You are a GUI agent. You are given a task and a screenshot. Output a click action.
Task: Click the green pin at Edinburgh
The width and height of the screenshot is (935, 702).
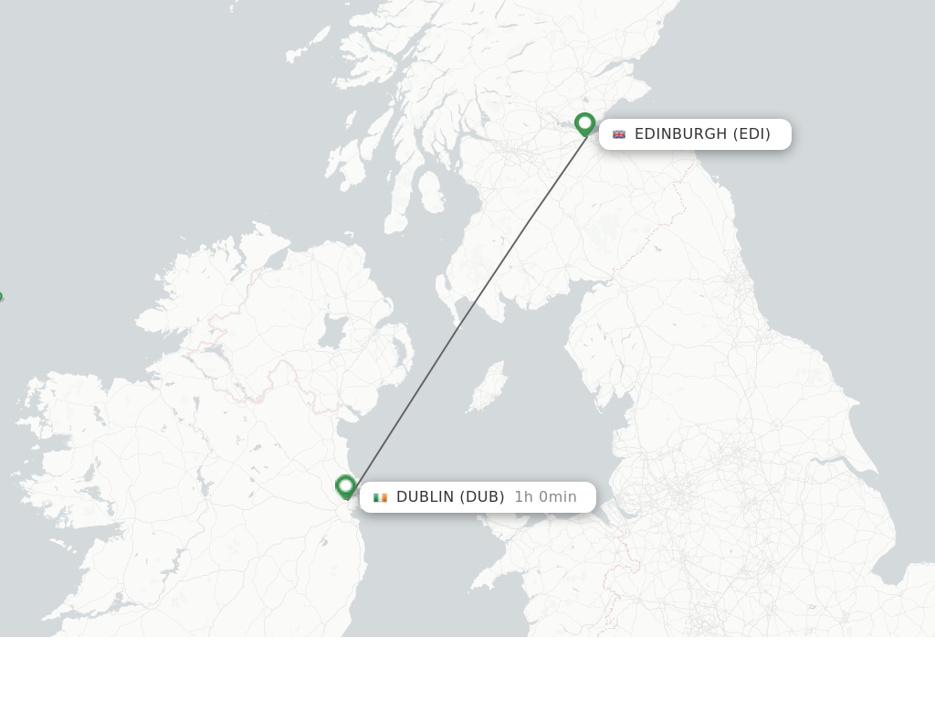[585, 122]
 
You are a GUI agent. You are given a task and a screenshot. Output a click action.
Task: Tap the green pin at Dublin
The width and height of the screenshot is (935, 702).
[345, 485]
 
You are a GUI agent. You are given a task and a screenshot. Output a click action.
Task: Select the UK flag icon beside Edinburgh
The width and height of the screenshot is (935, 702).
[619, 134]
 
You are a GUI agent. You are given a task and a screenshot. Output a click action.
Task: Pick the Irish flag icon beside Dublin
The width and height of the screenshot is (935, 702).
[380, 497]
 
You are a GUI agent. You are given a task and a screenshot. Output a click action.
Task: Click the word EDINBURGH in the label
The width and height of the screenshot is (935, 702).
[680, 134]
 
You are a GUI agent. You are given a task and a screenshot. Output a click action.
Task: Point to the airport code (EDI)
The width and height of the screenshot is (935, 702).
[751, 134]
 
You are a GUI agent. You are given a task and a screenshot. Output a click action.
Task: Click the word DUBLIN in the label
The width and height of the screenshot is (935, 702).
[425, 497]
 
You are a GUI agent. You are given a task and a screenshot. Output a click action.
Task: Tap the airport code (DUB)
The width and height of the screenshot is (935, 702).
[482, 497]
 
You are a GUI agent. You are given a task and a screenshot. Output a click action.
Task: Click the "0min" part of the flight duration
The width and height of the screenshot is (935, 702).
[558, 497]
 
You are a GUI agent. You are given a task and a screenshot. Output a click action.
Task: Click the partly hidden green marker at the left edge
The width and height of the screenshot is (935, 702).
[1, 298]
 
